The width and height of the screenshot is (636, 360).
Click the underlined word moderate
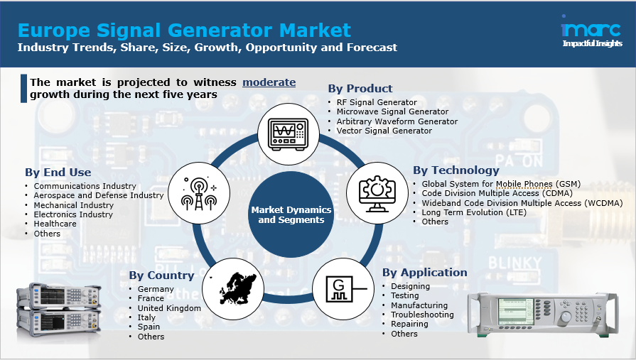click(x=269, y=82)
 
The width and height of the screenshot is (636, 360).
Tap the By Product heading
click(x=360, y=89)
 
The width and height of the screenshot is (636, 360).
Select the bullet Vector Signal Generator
click(x=384, y=131)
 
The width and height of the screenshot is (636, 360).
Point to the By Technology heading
click(x=456, y=170)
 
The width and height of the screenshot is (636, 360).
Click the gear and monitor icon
click(x=374, y=190)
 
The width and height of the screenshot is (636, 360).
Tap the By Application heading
click(x=425, y=273)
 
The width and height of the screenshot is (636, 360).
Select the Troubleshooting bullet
click(x=422, y=315)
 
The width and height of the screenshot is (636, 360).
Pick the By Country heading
click(x=161, y=276)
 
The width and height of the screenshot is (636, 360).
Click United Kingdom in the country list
click(x=169, y=308)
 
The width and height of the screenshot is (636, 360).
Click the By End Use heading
click(x=58, y=173)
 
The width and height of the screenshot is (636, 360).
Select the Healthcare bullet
click(x=55, y=224)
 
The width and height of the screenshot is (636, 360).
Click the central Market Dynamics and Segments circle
click(x=291, y=214)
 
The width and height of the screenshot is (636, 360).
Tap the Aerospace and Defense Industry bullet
click(x=99, y=195)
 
